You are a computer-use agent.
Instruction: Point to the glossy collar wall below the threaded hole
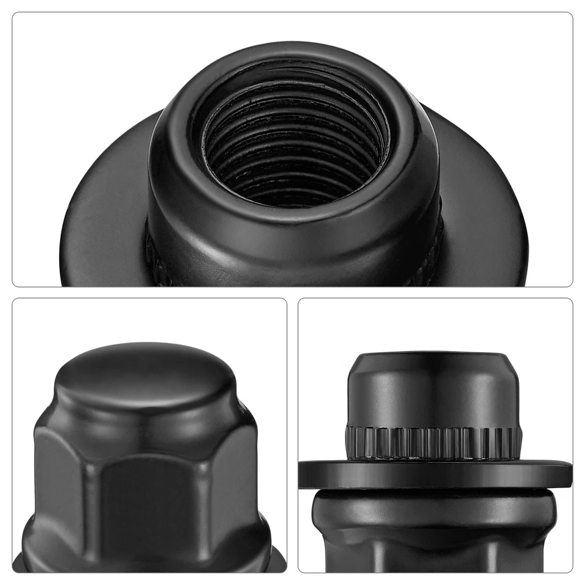292,244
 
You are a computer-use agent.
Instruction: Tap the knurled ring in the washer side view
433,440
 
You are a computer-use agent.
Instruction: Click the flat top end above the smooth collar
433,356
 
